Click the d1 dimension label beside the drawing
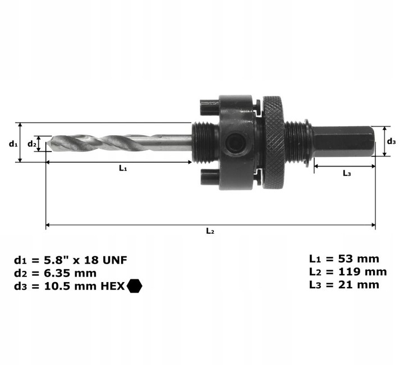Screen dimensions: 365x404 click(12, 144)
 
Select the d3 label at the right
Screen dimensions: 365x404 click(392, 141)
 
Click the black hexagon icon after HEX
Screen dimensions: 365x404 click(135, 286)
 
